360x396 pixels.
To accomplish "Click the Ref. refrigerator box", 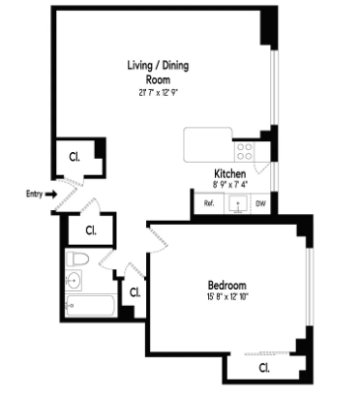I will click(209, 204).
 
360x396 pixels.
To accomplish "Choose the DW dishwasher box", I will click(260, 204).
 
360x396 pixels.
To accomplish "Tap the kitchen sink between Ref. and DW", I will click(235, 204).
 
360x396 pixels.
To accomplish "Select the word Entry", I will click(34, 194).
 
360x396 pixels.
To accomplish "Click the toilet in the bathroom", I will click(79, 259).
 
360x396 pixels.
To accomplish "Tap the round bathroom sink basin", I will click(75, 282).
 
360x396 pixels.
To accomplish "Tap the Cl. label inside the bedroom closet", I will click(264, 368).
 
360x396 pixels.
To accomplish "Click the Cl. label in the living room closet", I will click(75, 155).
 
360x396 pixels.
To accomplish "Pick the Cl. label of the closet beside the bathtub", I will click(135, 291).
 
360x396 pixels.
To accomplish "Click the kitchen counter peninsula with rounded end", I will click(209, 144).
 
